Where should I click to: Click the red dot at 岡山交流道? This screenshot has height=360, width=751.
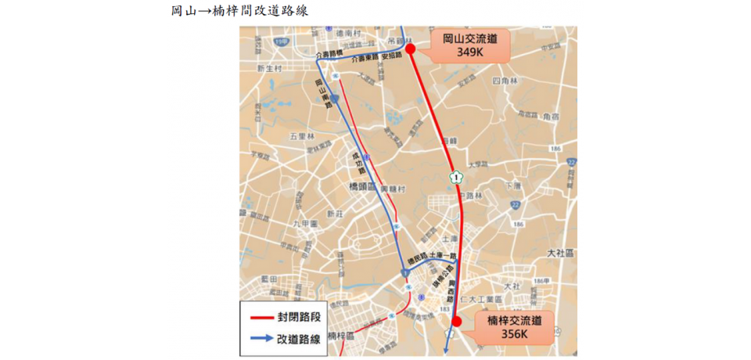(x=410, y=48)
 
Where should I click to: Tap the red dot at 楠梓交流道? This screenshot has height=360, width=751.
(x=458, y=322)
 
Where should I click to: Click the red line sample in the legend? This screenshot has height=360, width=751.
(x=258, y=319)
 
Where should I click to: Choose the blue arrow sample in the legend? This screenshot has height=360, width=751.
(x=258, y=340)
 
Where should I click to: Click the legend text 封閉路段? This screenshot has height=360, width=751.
(x=298, y=319)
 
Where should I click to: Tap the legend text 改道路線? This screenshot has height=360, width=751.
(x=298, y=340)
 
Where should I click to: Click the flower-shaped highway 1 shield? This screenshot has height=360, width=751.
(x=455, y=178)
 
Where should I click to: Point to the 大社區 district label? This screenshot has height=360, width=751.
(x=560, y=253)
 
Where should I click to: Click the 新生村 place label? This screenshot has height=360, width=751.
(x=268, y=69)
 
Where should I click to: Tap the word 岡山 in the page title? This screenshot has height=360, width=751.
(x=182, y=10)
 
